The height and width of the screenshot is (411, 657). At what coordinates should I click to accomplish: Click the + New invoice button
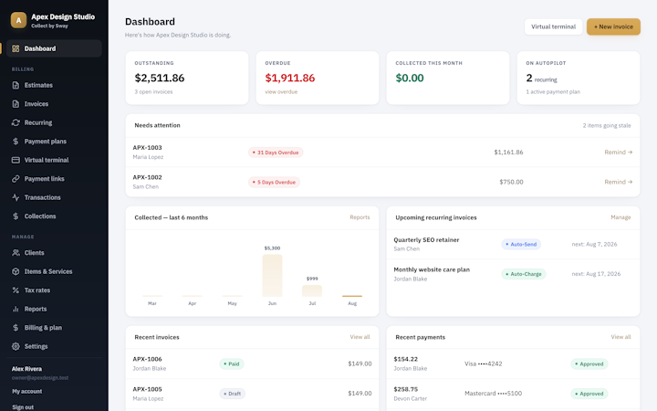point(613,26)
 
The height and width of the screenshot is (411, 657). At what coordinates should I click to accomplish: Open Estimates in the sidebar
point(38,85)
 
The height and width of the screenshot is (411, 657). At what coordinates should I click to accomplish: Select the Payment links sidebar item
point(44,179)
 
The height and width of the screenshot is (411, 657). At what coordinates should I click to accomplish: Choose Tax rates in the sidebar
point(36,290)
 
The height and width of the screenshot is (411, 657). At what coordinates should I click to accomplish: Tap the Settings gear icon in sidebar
point(16,346)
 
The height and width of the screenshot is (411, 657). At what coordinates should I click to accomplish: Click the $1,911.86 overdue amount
point(290,78)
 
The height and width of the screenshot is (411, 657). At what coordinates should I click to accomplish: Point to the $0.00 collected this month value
point(410,78)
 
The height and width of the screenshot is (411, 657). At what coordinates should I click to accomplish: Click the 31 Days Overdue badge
point(276,153)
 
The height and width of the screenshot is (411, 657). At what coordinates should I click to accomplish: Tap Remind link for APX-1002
point(618,182)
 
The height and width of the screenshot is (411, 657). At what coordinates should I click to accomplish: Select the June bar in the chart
point(272,276)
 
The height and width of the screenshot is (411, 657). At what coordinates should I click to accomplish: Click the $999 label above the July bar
point(312,279)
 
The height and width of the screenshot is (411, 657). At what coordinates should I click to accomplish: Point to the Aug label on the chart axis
point(352,303)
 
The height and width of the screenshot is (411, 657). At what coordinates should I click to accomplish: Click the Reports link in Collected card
point(360,217)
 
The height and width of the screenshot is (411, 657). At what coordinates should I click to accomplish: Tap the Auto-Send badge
point(521,244)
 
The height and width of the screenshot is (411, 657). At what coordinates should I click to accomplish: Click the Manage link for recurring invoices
point(620,217)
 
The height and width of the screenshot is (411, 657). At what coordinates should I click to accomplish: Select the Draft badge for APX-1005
point(232,394)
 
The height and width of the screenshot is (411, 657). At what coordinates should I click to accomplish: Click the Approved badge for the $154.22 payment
point(589,364)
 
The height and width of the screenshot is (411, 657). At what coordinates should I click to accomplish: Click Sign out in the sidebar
point(23,407)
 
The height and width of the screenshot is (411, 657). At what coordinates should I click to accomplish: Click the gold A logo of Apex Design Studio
point(18,20)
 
